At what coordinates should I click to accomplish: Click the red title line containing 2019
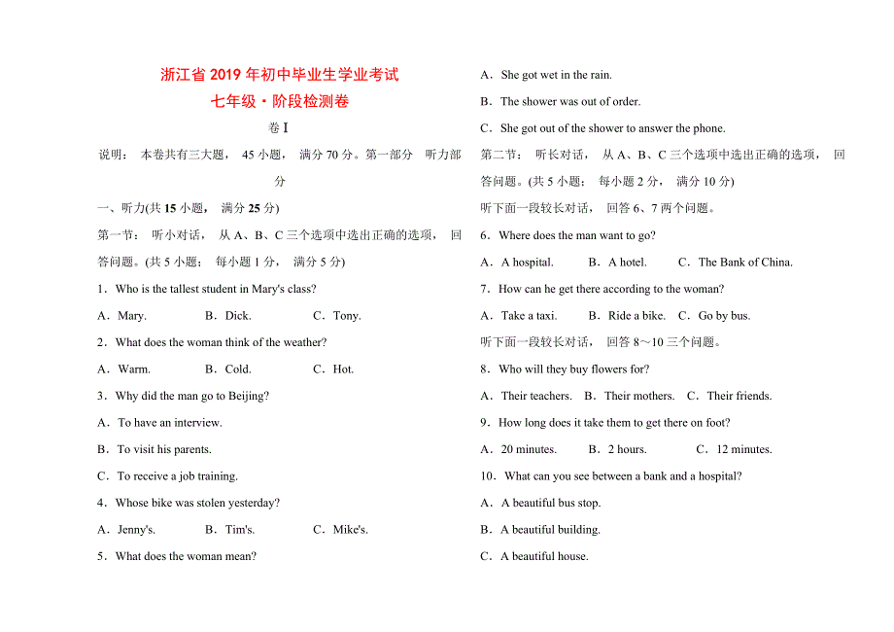280,75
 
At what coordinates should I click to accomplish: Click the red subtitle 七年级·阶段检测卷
280,101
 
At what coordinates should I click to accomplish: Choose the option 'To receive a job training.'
168,476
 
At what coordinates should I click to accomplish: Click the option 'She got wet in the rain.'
547,75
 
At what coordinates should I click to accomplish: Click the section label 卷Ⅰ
279,128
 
